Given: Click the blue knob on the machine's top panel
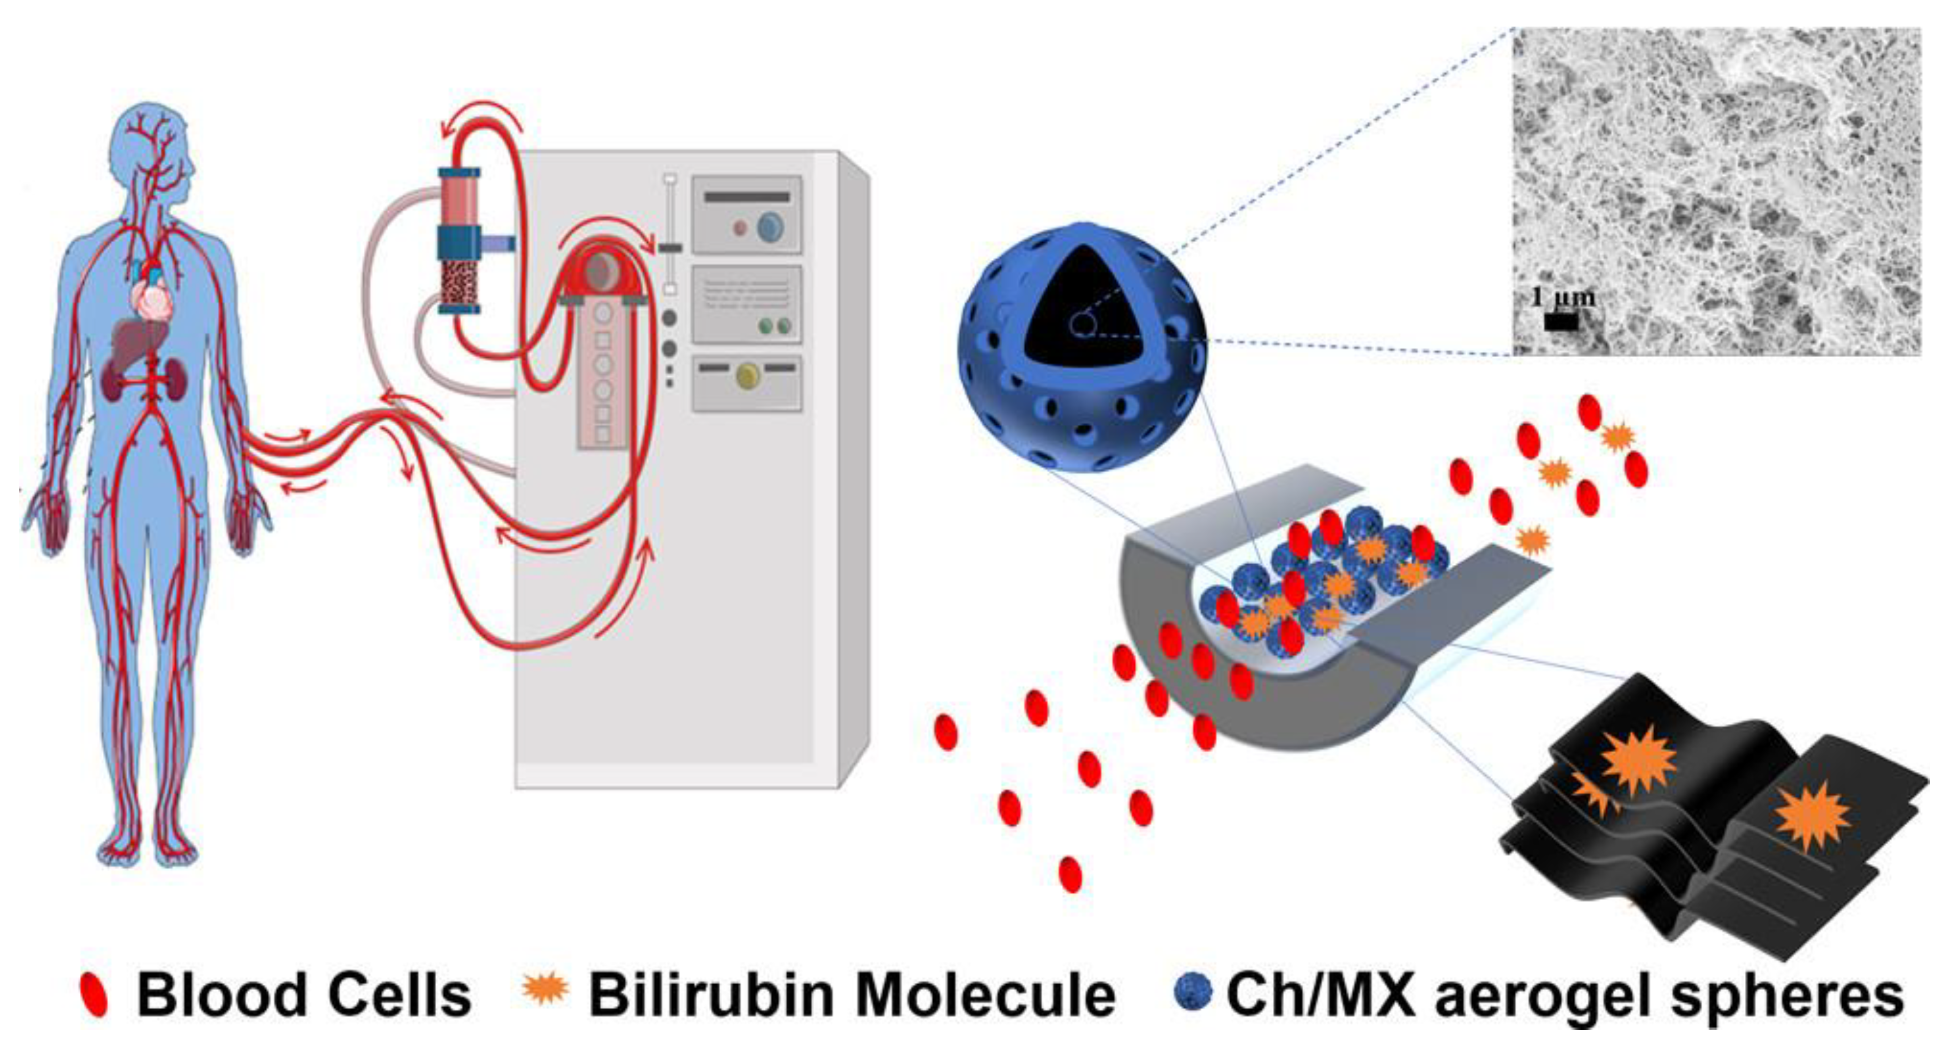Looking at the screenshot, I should click(770, 226).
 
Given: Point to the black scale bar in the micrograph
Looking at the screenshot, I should click(1561, 322).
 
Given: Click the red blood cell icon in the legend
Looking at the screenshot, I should click(94, 994).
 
